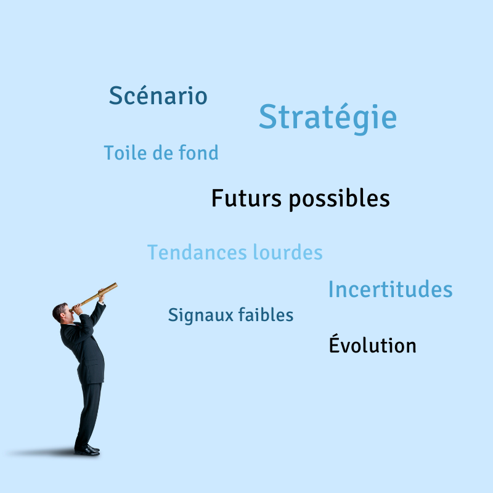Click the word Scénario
point(158,96)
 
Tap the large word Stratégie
point(328,118)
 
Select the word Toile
point(126,153)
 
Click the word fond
point(198,152)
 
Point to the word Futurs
point(246,198)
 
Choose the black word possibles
point(340,200)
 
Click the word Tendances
point(197,252)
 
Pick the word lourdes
point(288,252)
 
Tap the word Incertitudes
point(391,289)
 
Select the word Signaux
point(201,316)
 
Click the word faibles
point(266,314)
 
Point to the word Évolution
point(373,344)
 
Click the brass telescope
point(94,297)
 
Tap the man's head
point(62,313)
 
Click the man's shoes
point(87,450)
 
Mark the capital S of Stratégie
point(267,116)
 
